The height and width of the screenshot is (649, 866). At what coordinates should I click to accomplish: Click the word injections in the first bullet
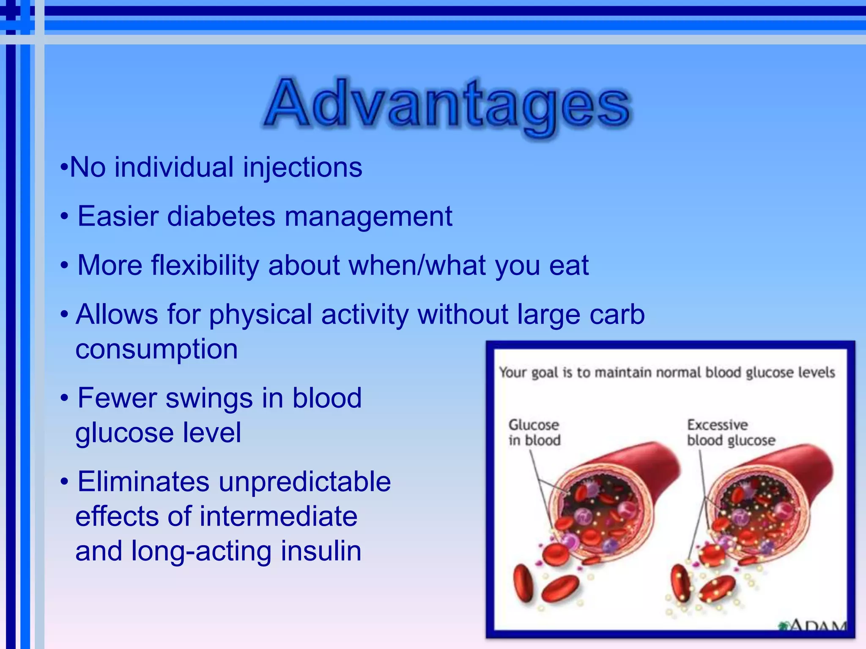303,168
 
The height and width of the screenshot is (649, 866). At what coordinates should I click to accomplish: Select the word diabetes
221,216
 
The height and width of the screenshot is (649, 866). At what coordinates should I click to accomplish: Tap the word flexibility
205,266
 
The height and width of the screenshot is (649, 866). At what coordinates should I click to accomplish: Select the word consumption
156,349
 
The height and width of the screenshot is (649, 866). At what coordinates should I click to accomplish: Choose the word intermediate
278,516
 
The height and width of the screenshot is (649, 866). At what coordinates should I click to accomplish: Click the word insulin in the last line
321,551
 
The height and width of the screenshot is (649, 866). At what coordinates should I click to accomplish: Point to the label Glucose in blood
534,432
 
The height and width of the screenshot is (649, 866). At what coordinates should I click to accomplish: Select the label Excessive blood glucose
731,432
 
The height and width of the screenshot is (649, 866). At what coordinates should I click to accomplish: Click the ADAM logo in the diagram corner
814,624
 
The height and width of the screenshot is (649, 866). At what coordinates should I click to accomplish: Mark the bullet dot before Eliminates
64,482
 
